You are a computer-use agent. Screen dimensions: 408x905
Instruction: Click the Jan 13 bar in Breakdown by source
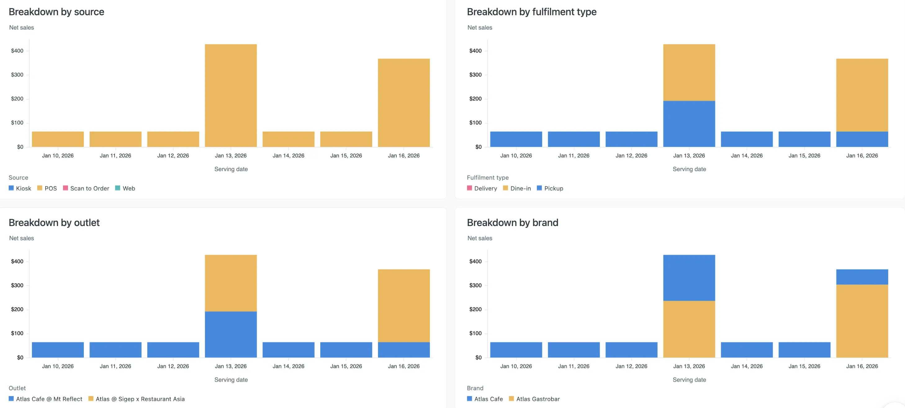[231, 96]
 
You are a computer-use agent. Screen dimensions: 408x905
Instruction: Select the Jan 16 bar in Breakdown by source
[404, 102]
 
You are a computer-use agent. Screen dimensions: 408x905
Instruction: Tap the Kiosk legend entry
[20, 188]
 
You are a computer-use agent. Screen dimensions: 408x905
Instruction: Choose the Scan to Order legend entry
[86, 188]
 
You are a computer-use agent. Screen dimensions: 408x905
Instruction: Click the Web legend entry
[125, 188]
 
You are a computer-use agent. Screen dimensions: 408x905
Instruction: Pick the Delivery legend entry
[482, 188]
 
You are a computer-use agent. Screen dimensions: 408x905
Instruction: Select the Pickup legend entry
[550, 188]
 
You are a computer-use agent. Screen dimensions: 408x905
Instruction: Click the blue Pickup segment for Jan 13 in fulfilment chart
[689, 124]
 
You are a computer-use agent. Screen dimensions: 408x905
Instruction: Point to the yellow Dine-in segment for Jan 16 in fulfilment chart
[862, 95]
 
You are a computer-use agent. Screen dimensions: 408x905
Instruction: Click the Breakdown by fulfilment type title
[532, 12]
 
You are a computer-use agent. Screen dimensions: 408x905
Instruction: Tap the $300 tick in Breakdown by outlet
[17, 285]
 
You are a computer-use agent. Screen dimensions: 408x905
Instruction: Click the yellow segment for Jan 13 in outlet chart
[231, 283]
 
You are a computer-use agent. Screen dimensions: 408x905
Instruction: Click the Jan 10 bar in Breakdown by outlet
[58, 350]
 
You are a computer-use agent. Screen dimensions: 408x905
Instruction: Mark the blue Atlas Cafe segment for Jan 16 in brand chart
[862, 277]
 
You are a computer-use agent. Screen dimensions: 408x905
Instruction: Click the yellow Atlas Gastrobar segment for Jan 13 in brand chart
[689, 329]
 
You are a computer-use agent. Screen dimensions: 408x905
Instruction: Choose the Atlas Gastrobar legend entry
[534, 399]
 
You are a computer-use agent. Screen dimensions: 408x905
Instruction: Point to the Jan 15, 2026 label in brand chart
[804, 366]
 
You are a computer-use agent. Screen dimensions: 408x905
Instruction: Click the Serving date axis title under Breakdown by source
[231, 169]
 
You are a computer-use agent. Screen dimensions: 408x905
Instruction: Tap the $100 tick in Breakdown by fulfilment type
[475, 123]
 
